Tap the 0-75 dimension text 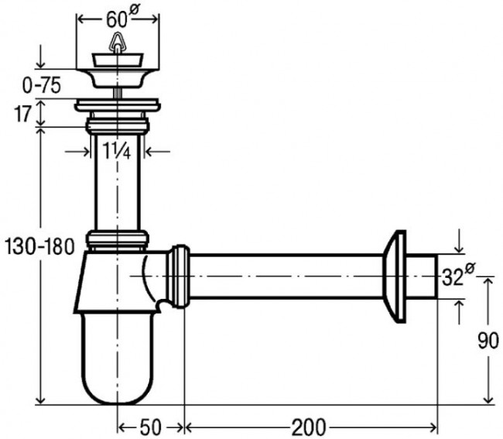(x=41, y=86)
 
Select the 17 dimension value (x=22, y=114)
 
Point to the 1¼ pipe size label (x=117, y=149)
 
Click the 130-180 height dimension (x=39, y=247)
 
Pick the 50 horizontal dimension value (x=150, y=427)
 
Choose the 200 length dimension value (x=308, y=427)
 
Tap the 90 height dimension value (x=488, y=341)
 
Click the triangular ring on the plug (x=118, y=41)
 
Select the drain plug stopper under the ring (x=118, y=60)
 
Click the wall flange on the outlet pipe (x=395, y=276)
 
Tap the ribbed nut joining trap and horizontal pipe (x=178, y=276)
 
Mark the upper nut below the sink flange (x=118, y=125)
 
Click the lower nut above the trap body (x=118, y=238)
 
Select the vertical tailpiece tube (x=118, y=182)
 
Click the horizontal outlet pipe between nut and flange (x=286, y=276)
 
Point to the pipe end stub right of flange (x=422, y=276)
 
